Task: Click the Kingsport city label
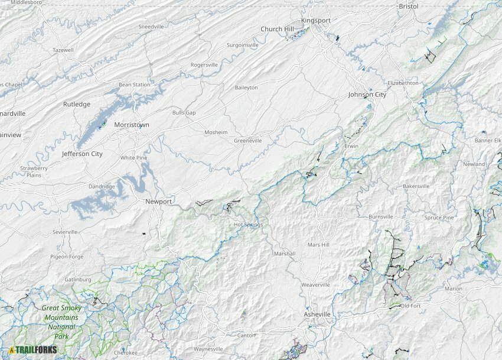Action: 316,20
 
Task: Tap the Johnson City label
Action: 367,95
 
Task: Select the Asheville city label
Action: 317,314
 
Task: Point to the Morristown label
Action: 132,125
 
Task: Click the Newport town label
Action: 159,202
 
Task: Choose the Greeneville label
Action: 247,141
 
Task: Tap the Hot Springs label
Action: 248,225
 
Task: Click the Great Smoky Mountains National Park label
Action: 61,322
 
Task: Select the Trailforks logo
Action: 33,350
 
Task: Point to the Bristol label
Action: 408,7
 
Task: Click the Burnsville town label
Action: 380,217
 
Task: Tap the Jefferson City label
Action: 82,154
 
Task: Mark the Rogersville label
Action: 204,65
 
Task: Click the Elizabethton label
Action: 403,83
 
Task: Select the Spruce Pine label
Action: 439,218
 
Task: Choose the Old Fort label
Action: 410,306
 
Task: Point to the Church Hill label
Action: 277,29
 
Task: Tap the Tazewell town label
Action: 63,50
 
